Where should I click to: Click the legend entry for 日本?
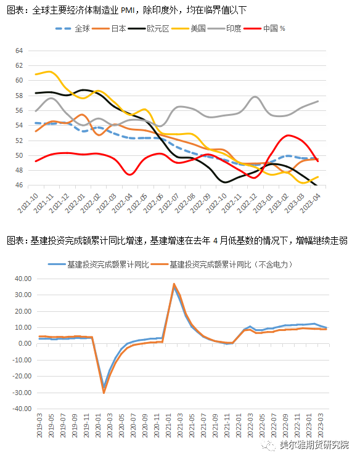109,28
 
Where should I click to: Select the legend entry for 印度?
224,28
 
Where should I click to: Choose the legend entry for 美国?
189,28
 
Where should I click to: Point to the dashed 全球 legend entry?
73,28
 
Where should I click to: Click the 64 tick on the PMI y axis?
19,51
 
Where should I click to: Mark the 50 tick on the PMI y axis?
19,155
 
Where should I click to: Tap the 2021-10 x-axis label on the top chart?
28,203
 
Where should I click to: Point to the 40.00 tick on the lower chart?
23,279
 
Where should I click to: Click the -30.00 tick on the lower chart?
22,393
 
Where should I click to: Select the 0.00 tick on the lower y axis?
25,344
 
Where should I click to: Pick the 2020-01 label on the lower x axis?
98,426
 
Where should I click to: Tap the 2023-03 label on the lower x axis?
321,426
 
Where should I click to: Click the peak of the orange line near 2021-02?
174,284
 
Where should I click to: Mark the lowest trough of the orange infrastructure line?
104,393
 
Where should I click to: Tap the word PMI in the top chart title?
128,10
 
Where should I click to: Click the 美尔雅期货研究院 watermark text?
314,444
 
